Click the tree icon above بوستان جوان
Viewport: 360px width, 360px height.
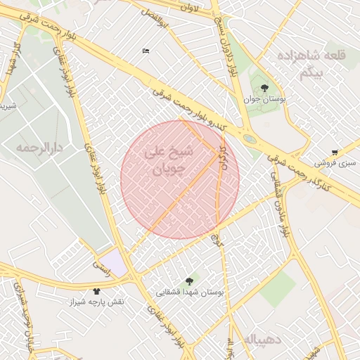[264, 88]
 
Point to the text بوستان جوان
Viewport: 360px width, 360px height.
[268, 101]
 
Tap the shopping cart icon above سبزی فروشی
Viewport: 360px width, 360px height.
[334, 152]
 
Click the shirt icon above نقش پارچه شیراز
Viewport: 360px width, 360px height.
[96, 290]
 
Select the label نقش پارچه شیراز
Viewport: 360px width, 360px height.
[96, 301]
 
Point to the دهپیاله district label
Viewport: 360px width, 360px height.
[264, 340]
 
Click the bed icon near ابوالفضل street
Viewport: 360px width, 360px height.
[146, 51]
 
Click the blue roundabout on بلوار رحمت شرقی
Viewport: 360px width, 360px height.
[250, 139]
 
